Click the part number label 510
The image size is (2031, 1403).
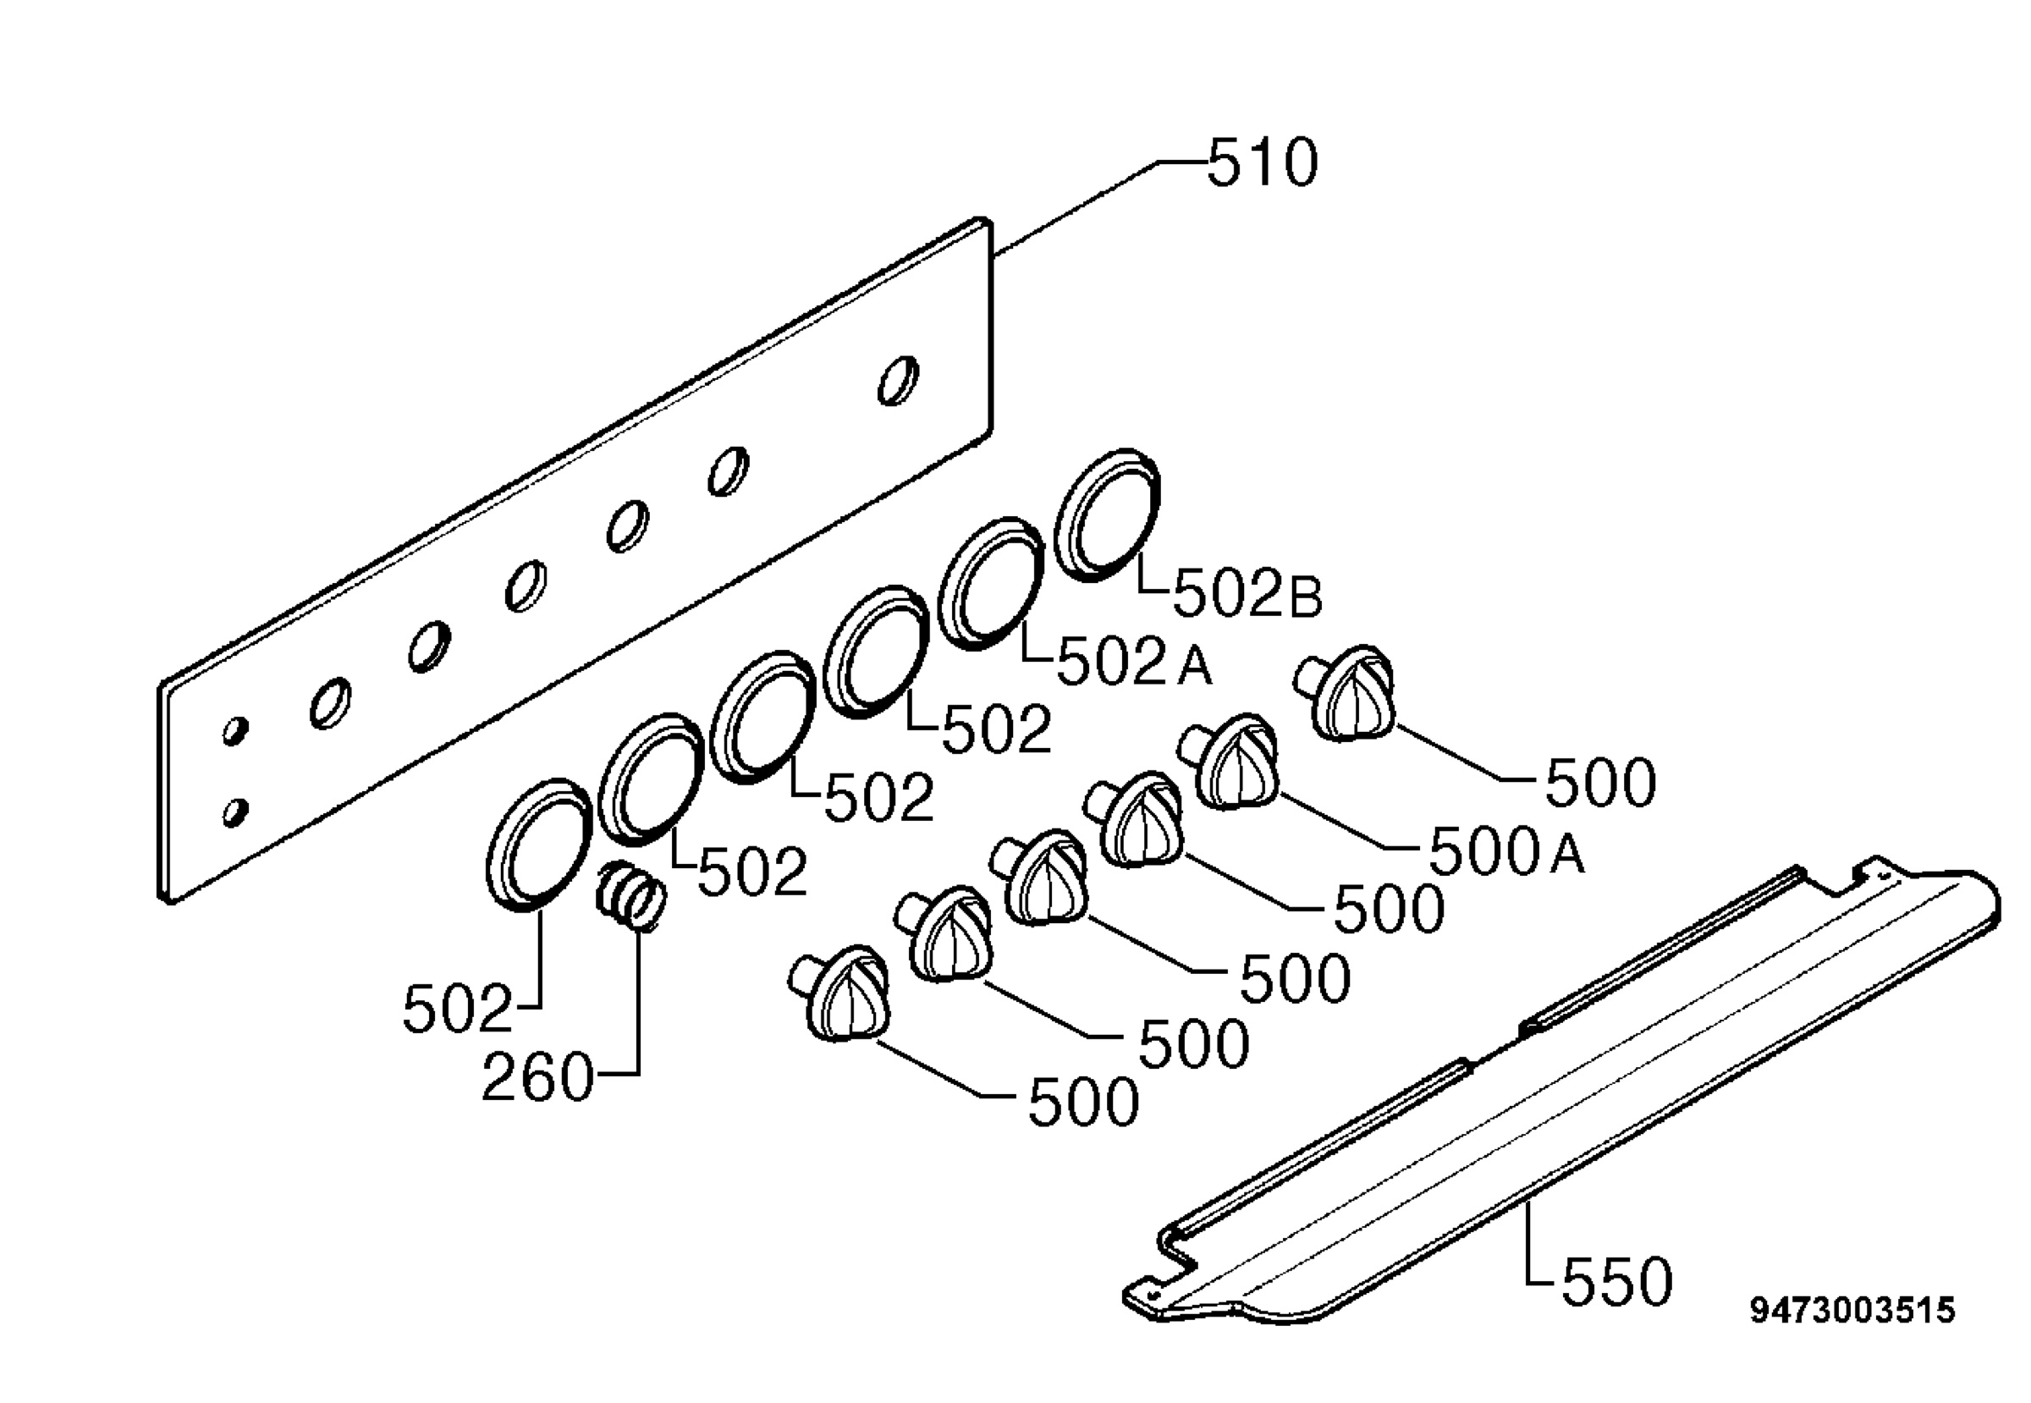point(1263,163)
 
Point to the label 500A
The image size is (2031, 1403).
point(1507,851)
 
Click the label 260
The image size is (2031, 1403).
point(538,1078)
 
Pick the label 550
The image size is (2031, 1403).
point(1616,1281)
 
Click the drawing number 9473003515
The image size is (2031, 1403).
point(1852,1310)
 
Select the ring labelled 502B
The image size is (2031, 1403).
point(1107,514)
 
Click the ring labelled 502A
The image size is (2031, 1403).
point(991,584)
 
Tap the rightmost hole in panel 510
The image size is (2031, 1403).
point(899,381)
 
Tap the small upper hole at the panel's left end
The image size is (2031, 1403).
point(234,730)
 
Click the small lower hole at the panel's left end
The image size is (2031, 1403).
point(234,812)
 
